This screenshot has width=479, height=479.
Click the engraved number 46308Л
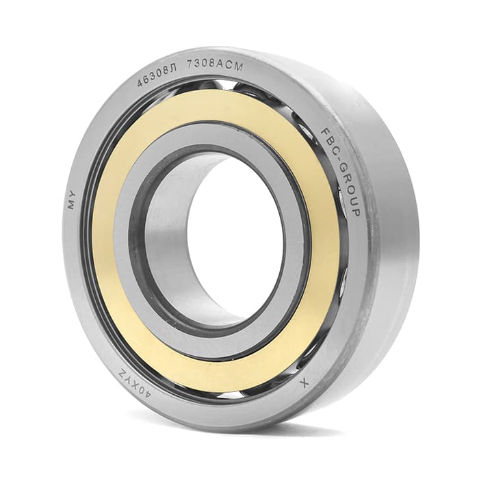point(157,76)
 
